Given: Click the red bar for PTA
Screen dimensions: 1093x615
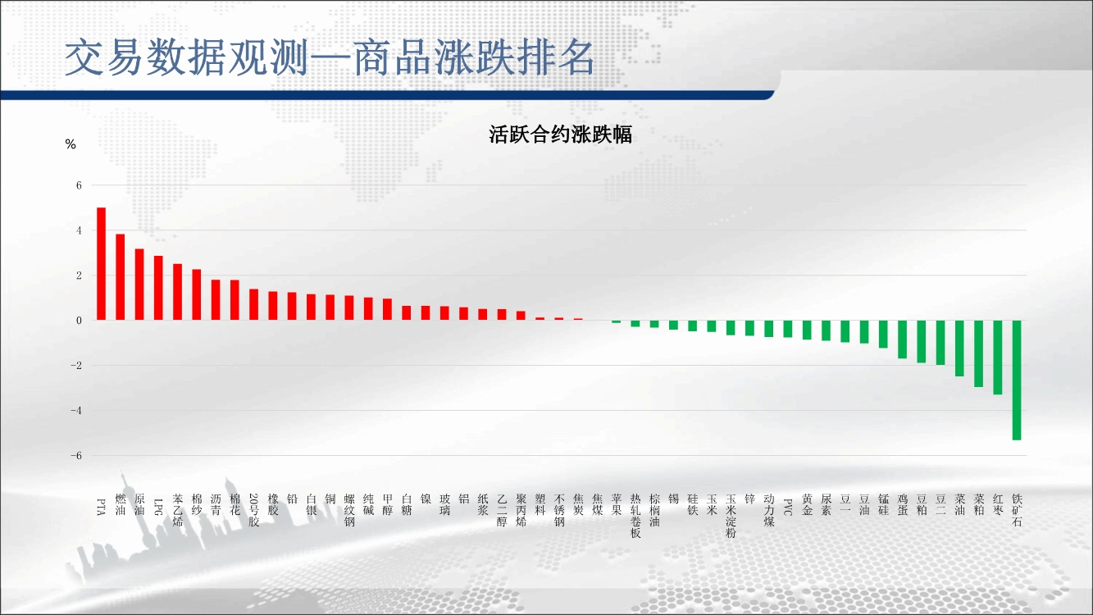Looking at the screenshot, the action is [102, 263].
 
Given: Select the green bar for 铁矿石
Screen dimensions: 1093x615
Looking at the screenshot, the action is [1017, 380].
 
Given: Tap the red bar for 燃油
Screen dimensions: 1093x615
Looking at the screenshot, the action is [120, 277].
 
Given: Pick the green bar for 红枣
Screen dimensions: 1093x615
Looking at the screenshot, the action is [998, 358].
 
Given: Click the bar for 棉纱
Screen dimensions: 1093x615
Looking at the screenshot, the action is [197, 295].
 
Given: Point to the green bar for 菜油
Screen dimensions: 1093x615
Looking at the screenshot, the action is [960, 348].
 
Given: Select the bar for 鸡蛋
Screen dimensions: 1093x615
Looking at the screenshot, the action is [902, 339].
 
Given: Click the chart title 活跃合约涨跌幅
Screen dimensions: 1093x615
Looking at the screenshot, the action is [561, 134].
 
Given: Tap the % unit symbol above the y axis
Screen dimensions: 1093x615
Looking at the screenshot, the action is [71, 144].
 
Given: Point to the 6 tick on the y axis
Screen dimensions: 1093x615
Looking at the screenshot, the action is [79, 185].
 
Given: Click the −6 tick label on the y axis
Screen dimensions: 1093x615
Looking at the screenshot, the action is [76, 455].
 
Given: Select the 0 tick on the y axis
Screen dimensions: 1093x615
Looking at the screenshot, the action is [79, 321].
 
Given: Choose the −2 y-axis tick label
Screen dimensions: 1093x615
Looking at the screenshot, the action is [76, 366].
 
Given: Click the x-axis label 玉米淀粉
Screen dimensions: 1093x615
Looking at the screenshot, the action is [731, 516].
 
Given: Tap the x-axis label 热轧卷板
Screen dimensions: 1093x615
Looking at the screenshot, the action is [635, 516].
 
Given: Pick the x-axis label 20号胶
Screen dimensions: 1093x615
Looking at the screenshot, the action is [253, 510].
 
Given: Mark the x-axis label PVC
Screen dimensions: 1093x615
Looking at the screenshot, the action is [787, 507].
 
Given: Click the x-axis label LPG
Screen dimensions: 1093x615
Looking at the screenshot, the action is [158, 507].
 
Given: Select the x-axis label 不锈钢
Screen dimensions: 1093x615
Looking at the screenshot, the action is [559, 510].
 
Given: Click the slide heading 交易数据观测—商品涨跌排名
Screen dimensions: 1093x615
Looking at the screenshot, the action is [330, 57].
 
